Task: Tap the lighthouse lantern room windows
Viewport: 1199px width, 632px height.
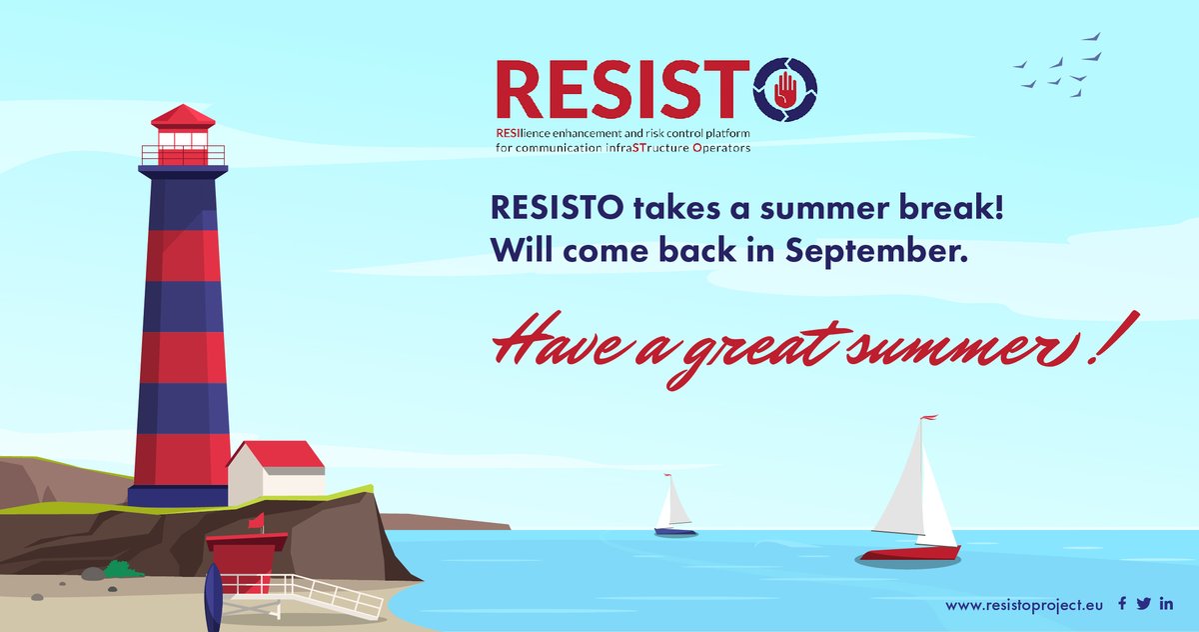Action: [x=183, y=141]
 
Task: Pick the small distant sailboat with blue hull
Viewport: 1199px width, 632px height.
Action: [x=675, y=510]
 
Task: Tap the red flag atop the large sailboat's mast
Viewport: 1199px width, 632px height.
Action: [x=928, y=417]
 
